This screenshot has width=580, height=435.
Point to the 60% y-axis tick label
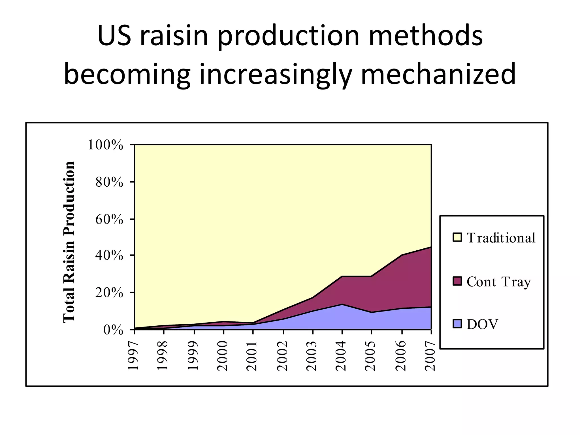(109, 219)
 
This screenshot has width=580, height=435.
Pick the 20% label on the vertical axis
(109, 293)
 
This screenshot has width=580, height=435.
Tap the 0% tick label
(113, 330)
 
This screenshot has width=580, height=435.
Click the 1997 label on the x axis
(133, 356)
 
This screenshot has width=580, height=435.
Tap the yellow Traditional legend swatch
(457, 237)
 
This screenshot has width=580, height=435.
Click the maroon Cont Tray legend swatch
(457, 281)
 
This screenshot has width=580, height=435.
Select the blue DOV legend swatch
(457, 324)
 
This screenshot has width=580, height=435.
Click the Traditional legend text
(501, 238)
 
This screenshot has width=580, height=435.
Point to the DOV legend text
(482, 324)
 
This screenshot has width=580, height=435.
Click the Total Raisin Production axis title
(69, 242)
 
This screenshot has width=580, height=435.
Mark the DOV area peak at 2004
(342, 304)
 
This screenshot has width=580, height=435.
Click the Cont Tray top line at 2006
(402, 255)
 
